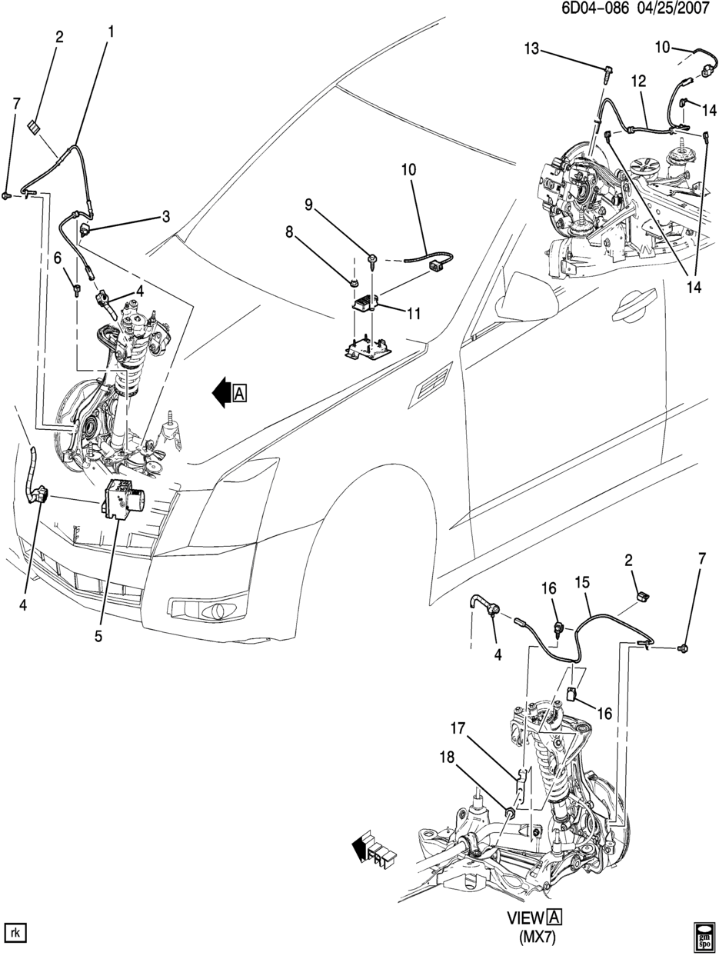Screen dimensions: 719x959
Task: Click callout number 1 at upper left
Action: coord(111,32)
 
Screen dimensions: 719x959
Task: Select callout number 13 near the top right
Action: coord(532,49)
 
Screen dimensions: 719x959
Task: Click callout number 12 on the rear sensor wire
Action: coord(638,82)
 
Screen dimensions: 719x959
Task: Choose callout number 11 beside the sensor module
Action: coord(413,313)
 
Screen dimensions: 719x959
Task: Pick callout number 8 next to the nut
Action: coord(289,232)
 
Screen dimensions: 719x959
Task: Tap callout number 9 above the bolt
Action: coord(309,205)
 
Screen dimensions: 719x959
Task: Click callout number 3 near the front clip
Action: coord(166,216)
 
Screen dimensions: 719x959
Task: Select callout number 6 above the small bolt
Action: coord(58,258)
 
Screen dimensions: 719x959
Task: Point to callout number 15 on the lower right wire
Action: coord(583,582)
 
